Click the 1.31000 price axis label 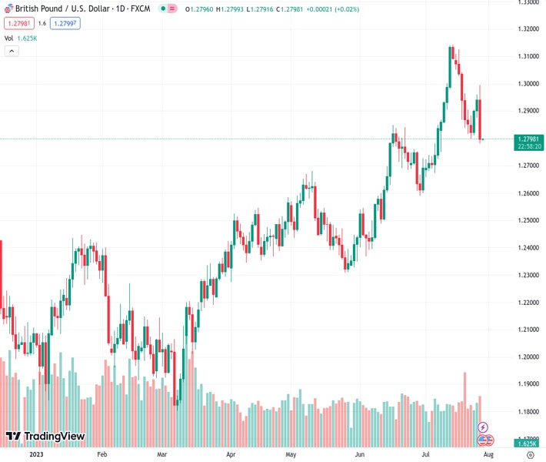coord(527,56)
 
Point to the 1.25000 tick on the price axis coord(527,220)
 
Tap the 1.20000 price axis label coord(527,357)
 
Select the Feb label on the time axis coord(102,455)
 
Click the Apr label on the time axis coord(231,455)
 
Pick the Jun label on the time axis coord(359,455)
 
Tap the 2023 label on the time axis coord(36,455)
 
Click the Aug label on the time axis coord(488,455)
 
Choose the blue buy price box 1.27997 coord(65,23)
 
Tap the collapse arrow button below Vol coord(12,51)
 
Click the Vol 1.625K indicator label coord(19,38)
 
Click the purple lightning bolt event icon coord(483,427)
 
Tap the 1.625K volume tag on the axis coord(528,444)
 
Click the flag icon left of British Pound coord(8,9)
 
